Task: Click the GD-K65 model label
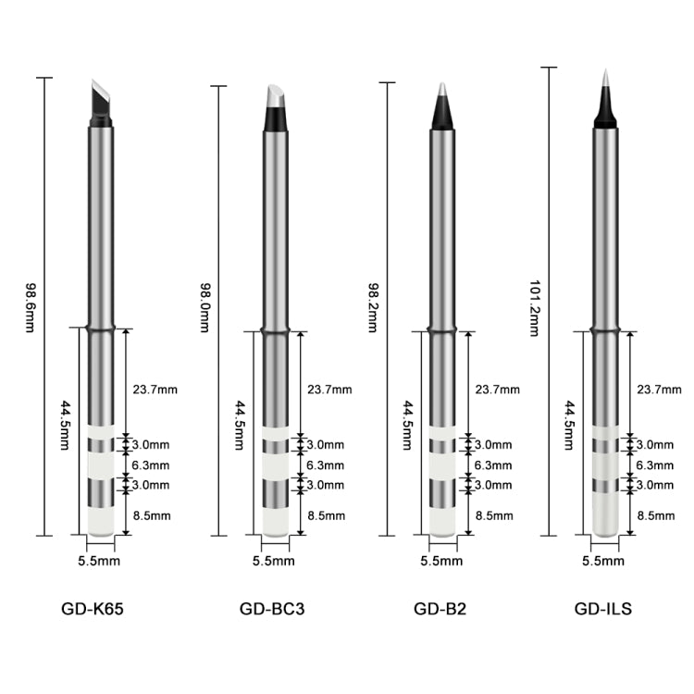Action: click(x=92, y=609)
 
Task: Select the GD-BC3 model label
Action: click(x=272, y=609)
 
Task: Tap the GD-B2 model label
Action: click(x=440, y=609)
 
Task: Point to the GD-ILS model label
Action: click(x=602, y=609)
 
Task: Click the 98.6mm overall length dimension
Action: click(x=30, y=307)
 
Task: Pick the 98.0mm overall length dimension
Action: click(x=204, y=307)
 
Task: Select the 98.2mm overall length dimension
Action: click(x=373, y=307)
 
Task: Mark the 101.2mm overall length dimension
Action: click(x=535, y=308)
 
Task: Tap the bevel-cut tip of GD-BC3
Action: click(x=276, y=107)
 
